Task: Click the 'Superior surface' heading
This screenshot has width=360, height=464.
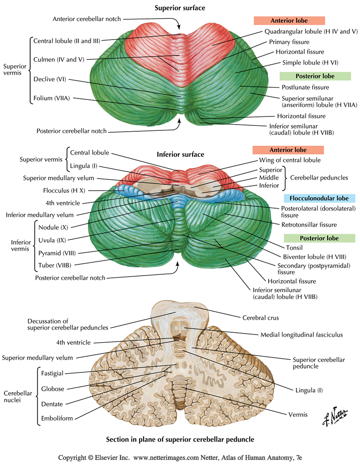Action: pyautogui.click(x=180, y=8)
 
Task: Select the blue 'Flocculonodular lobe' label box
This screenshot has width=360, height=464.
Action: pyautogui.click(x=319, y=198)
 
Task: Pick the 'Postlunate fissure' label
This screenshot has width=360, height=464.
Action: pyautogui.click(x=305, y=87)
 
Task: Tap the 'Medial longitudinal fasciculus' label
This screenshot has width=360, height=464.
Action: pyautogui.click(x=301, y=335)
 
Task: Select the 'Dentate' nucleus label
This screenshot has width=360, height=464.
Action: pyautogui.click(x=52, y=404)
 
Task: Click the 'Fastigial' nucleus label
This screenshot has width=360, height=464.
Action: pyautogui.click(x=53, y=373)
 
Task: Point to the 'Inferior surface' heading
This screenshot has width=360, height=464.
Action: pyautogui.click(x=180, y=155)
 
